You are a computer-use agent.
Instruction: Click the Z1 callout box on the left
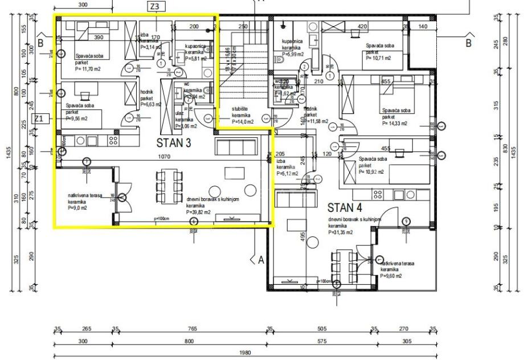click(39, 118)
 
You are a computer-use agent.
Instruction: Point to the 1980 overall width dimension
click(245, 353)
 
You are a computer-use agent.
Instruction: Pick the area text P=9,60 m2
click(391, 276)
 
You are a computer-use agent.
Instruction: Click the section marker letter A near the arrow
click(261, 260)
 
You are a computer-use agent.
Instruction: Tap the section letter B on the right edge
click(468, 42)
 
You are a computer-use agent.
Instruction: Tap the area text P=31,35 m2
click(340, 232)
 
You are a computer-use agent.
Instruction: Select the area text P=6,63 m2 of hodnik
click(151, 104)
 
